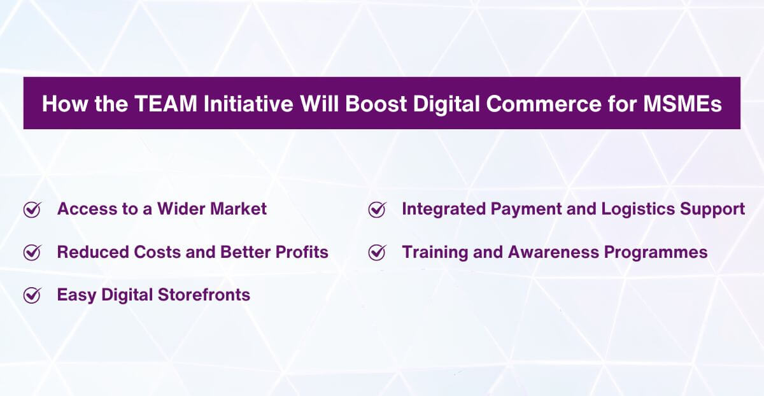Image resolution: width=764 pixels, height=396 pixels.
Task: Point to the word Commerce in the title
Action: coord(542,104)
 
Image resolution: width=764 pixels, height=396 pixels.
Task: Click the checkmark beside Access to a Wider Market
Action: coord(32,209)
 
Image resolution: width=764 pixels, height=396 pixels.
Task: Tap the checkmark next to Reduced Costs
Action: coord(32,253)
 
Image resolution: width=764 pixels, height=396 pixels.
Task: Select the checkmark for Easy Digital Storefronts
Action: coord(32,295)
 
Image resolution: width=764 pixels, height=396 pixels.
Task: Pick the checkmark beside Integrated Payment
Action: coord(377,209)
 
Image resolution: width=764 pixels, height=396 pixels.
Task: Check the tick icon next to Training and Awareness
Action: coord(377,253)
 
